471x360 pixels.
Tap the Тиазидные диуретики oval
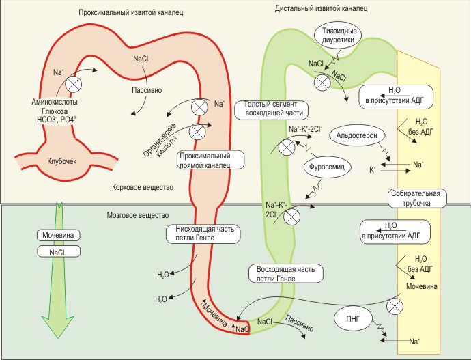[339, 33]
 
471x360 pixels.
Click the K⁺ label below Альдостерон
[372, 167]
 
